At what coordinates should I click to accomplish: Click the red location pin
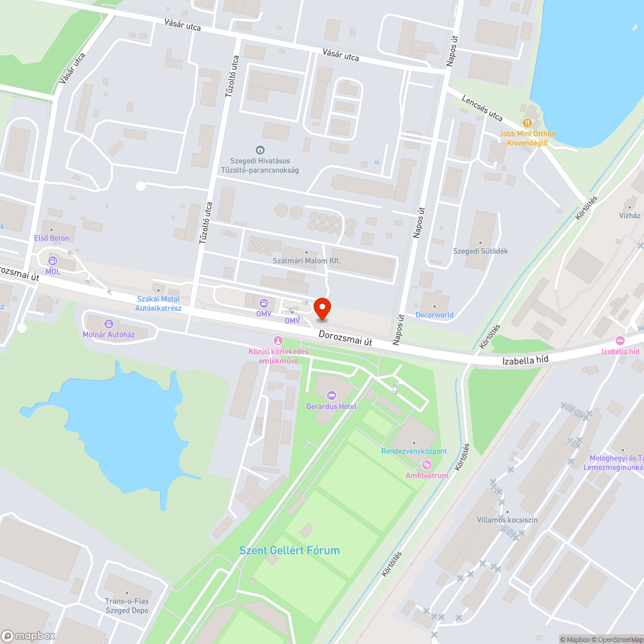point(322,308)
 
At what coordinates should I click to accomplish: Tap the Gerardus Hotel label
point(331,406)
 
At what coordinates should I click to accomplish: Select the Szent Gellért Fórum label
point(289,551)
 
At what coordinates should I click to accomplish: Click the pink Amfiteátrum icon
point(426,465)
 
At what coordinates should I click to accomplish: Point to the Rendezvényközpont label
point(414,451)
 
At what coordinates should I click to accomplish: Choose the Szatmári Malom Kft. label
point(307,261)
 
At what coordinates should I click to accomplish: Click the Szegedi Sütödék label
point(480,251)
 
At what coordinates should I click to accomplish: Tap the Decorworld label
point(434,315)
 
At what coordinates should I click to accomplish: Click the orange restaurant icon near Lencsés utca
point(527,122)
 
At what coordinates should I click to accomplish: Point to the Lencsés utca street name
point(482,108)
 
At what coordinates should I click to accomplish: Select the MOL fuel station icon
point(52,261)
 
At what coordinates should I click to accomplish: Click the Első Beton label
point(51,238)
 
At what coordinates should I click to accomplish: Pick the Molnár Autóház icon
point(108,323)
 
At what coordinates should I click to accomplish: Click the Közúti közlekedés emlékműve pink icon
point(278,340)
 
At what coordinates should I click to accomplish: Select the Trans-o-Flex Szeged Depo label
point(127,606)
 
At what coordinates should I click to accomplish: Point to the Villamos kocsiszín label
point(507,520)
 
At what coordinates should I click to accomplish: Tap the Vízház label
point(629,215)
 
